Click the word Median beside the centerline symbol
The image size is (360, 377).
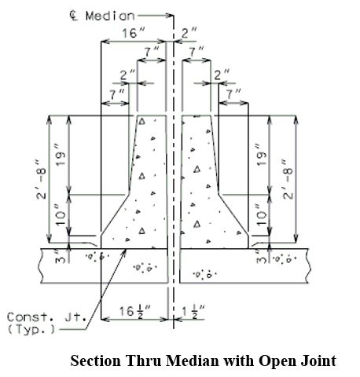(110, 16)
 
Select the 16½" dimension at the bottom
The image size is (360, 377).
(135, 312)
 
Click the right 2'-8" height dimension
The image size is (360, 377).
(288, 179)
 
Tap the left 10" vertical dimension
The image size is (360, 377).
(60, 215)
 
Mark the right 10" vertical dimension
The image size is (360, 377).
(262, 215)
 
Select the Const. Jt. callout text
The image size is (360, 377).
(46, 317)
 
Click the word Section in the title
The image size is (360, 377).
(96, 361)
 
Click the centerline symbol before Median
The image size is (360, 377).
(74, 16)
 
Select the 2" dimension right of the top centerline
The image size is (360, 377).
(189, 33)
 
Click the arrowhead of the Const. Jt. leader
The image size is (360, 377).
(125, 251)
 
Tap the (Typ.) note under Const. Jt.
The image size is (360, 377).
(31, 329)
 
